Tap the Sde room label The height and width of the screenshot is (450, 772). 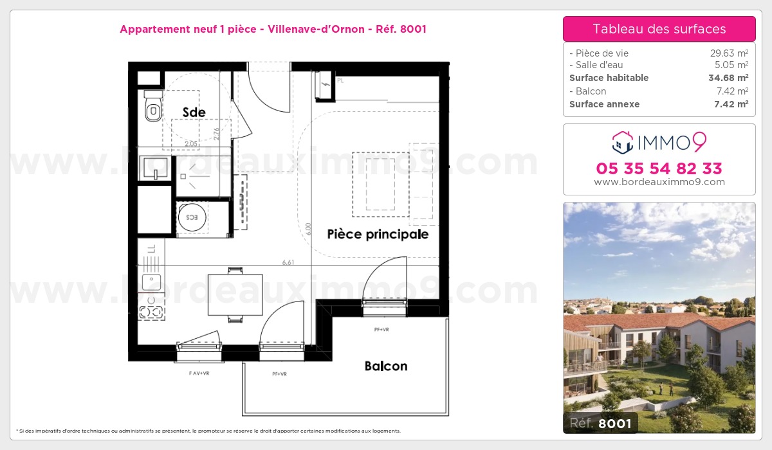pos(194,113)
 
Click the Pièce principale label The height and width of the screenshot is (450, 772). pos(378,234)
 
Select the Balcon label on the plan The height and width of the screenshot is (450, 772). pos(386,366)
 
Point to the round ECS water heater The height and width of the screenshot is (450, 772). pos(191,217)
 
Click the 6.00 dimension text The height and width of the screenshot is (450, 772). pos(309,230)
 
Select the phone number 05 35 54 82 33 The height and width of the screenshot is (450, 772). pos(659,168)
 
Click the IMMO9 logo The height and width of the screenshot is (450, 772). pos(659,143)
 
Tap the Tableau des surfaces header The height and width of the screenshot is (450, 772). pos(659,29)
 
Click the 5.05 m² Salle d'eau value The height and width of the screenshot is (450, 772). pos(731,65)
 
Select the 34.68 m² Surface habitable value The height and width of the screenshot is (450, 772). pos(728,78)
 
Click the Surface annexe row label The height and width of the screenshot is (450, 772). pos(604,104)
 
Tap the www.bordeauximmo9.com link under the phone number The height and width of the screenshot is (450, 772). pos(659,182)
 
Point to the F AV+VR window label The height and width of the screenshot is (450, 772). pos(199,373)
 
